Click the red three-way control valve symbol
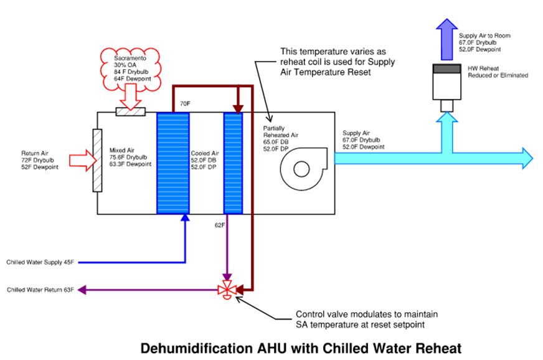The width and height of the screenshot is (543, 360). (227, 290)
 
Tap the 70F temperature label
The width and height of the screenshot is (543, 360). (185, 103)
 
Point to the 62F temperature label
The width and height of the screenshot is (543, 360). (220, 225)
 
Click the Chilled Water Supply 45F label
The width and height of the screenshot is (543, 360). (40, 262)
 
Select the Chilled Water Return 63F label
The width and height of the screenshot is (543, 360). (40, 290)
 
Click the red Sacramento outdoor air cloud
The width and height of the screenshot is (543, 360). (131, 70)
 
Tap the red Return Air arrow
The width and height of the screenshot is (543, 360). (83, 161)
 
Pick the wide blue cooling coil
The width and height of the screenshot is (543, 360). (173, 163)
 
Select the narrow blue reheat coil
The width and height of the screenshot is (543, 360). (233, 163)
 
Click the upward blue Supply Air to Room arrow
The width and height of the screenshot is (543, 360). (446, 39)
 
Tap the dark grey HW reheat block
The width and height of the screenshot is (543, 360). (446, 69)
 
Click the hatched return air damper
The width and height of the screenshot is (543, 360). (97, 161)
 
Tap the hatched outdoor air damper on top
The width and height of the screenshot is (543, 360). (131, 111)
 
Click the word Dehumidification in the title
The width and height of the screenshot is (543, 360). (197, 348)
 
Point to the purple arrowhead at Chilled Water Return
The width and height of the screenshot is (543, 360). (82, 290)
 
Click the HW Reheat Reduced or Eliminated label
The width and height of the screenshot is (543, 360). (498, 72)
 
